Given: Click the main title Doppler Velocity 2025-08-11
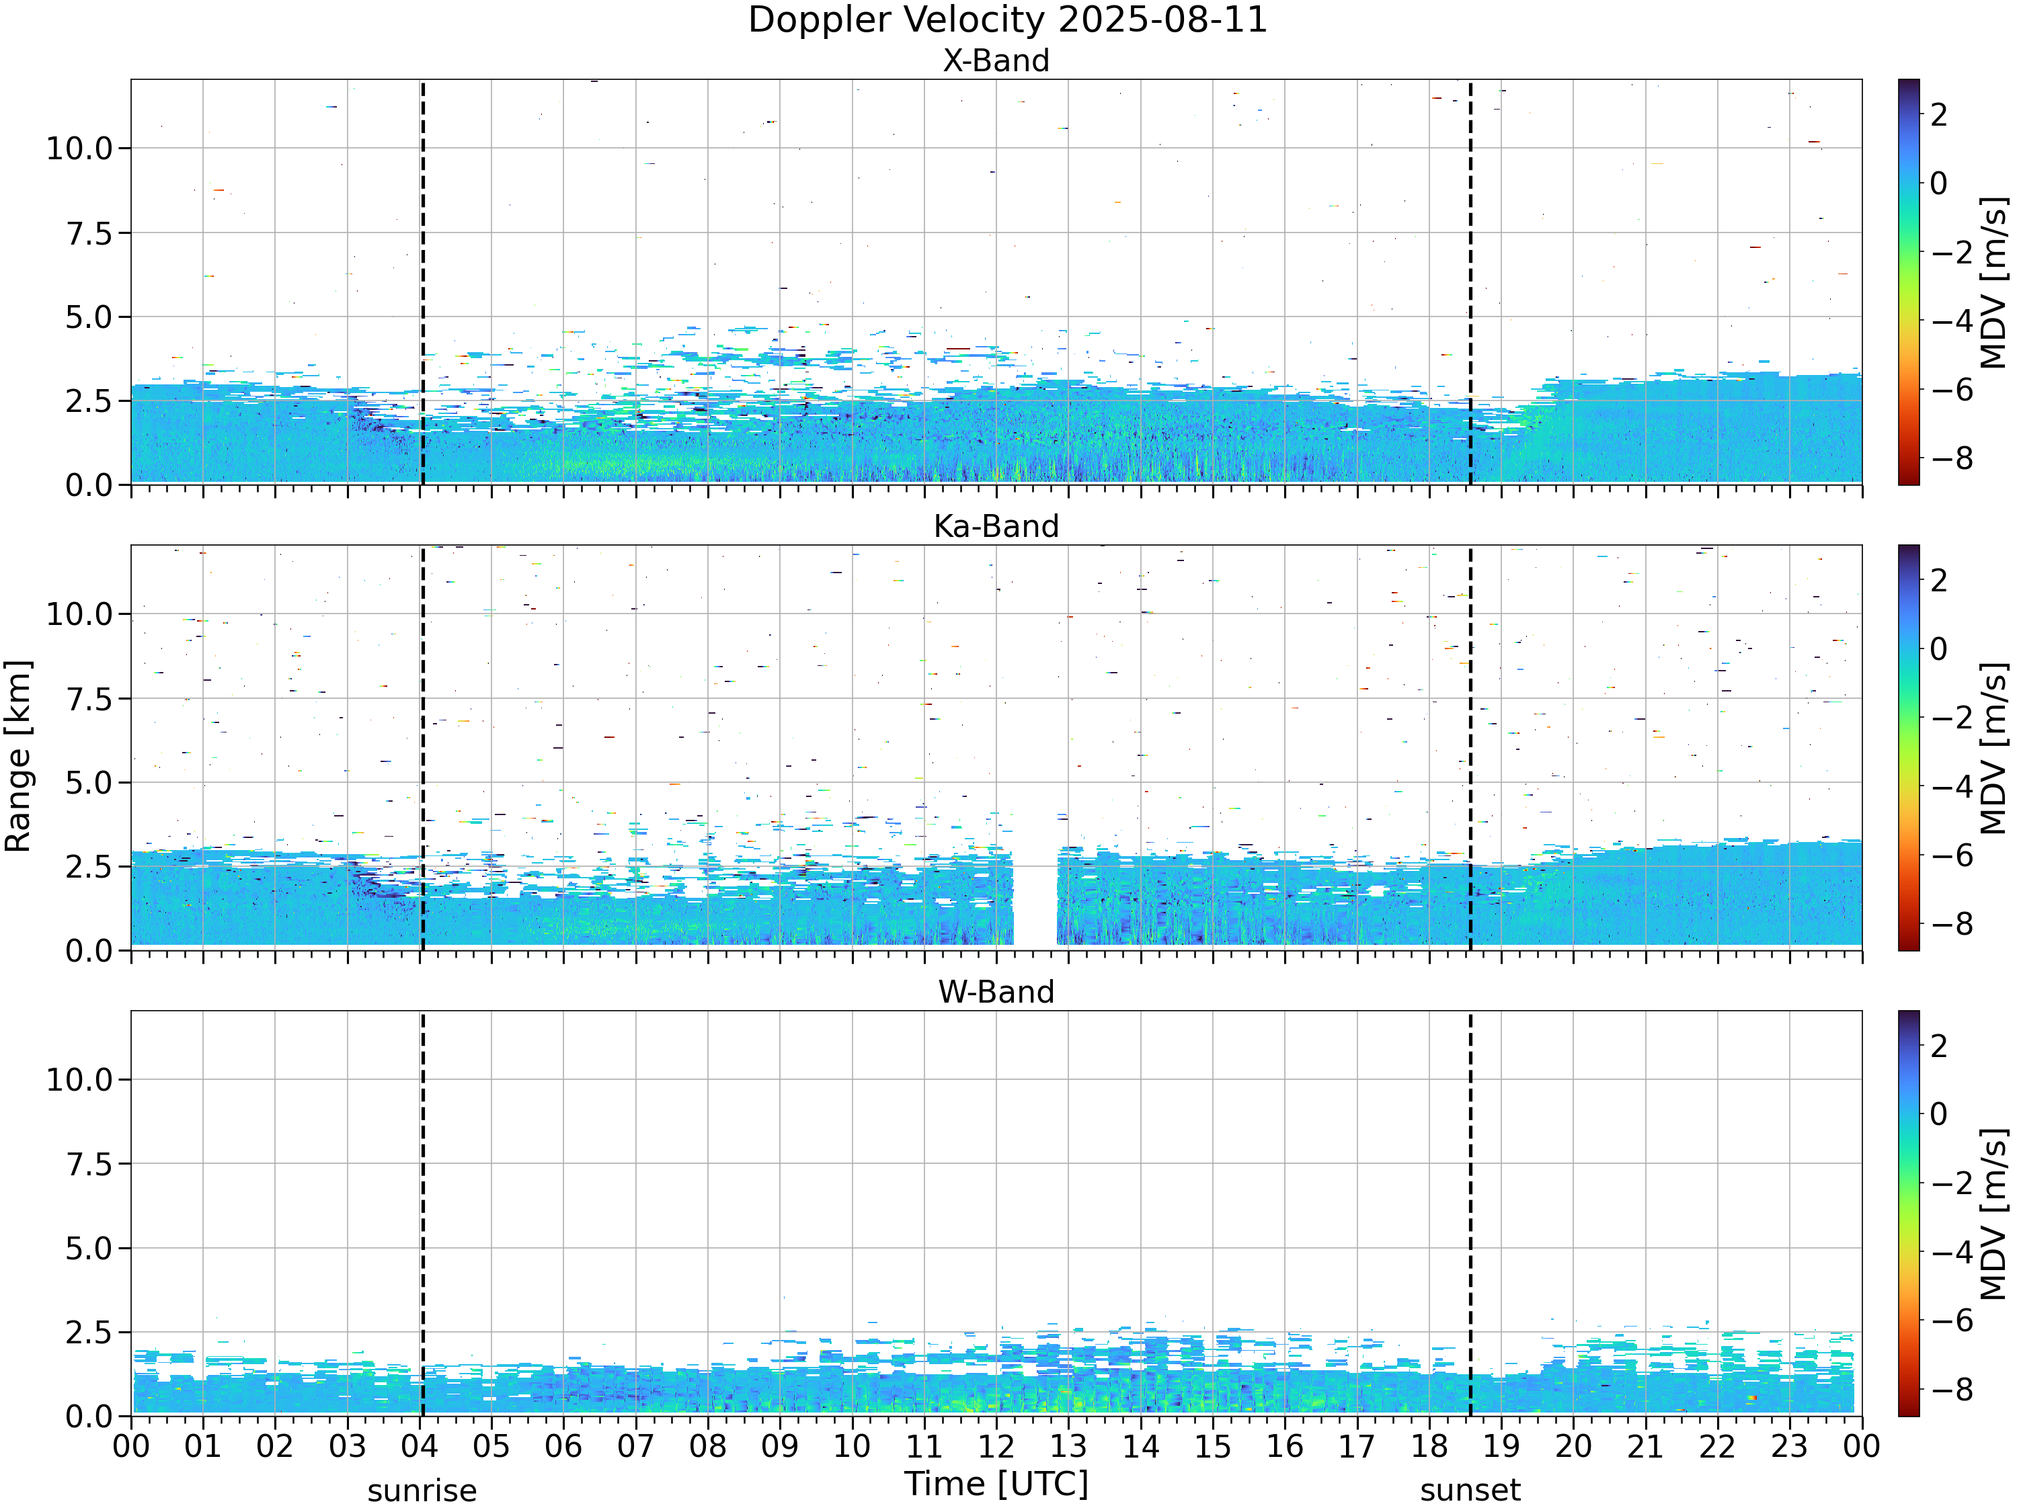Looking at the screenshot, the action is point(1008,20).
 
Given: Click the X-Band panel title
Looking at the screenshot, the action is point(996,61).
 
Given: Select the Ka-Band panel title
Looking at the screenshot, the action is point(996,527).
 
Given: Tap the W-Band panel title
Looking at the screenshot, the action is point(996,993).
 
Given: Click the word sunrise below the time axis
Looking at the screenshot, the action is point(422,1491).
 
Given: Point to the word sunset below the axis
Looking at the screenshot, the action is point(1470,1491).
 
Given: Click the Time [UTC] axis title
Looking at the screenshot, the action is point(996,1484).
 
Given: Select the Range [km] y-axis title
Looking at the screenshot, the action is point(18,757).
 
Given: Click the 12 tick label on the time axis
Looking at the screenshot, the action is point(996,1446).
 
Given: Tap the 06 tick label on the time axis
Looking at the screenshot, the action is point(563,1446).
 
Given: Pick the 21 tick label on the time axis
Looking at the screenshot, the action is point(1645,1446).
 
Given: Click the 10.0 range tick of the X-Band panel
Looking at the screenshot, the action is point(79,149).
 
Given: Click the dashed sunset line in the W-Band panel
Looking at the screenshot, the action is point(1470,1213).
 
